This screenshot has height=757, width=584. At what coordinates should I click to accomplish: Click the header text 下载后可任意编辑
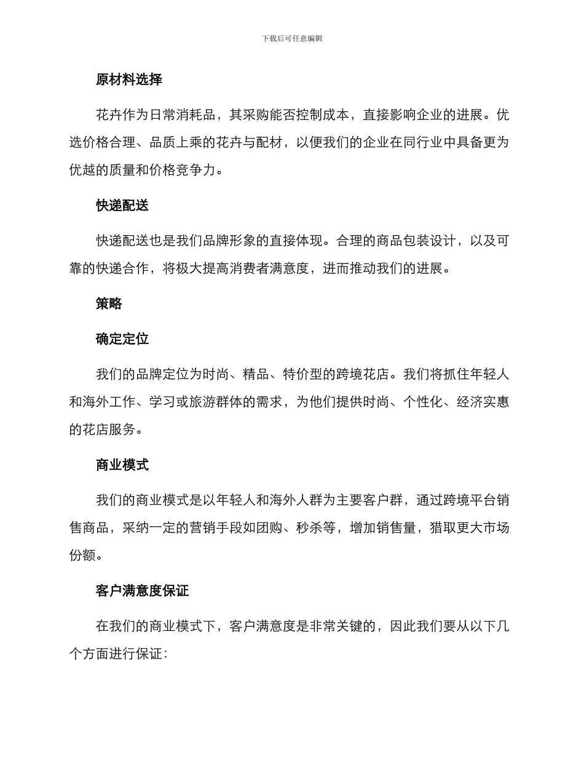click(292, 38)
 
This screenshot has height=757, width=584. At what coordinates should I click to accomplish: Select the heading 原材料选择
click(129, 79)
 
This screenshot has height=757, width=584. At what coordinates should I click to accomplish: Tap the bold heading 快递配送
click(122, 206)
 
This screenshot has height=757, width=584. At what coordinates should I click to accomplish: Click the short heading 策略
click(109, 303)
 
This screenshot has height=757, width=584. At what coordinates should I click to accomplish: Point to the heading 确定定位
click(122, 339)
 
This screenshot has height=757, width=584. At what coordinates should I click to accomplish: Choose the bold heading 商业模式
click(122, 465)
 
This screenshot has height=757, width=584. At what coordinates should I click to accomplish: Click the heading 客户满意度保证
click(142, 591)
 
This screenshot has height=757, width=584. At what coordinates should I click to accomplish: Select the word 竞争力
click(195, 170)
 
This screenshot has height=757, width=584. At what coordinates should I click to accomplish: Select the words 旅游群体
click(216, 403)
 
